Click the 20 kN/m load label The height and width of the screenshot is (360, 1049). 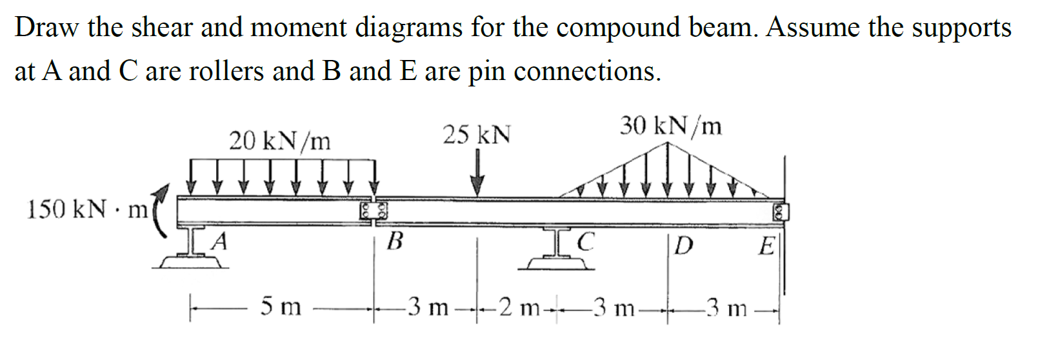279,140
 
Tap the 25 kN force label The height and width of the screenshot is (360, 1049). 476,135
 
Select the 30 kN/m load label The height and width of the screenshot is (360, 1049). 671,126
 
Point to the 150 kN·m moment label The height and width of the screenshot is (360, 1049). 87,210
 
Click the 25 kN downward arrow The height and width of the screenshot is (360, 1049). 477,173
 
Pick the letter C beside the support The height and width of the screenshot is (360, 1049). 585,242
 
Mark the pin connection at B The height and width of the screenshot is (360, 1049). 374,211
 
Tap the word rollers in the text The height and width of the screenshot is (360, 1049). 226,71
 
